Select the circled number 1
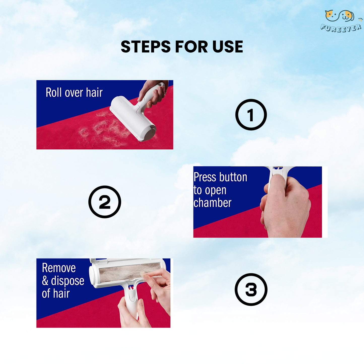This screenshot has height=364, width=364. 251,115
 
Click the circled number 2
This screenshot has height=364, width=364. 105,202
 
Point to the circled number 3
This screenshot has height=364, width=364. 251,289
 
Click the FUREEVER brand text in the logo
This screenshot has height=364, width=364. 341,28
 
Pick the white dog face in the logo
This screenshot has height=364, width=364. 347,16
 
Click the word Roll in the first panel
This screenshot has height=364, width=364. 54,92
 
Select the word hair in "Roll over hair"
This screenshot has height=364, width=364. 94,92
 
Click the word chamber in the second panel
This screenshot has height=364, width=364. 212,203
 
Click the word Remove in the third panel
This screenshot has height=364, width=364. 59,268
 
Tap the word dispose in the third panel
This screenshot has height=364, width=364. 68,281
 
